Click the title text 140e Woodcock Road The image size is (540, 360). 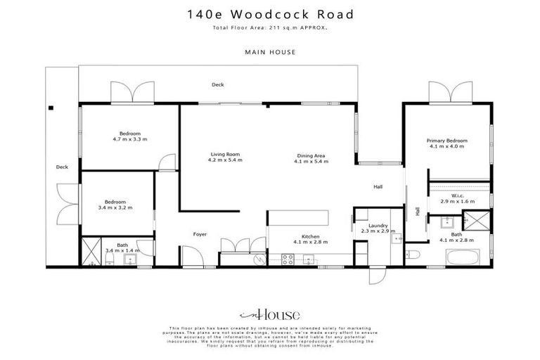pos(270,14)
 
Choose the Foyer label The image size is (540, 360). pos(200,234)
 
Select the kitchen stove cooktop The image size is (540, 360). pos(288,259)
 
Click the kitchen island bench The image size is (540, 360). pos(299,218)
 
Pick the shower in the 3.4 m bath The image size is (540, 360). pos(92,251)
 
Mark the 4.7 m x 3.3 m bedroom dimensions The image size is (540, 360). pos(129,139)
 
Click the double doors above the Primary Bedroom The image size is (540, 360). pos(450,93)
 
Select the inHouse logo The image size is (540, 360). pos(270,314)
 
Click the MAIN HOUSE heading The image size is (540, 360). pos(270,51)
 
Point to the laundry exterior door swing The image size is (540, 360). pos(377,276)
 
